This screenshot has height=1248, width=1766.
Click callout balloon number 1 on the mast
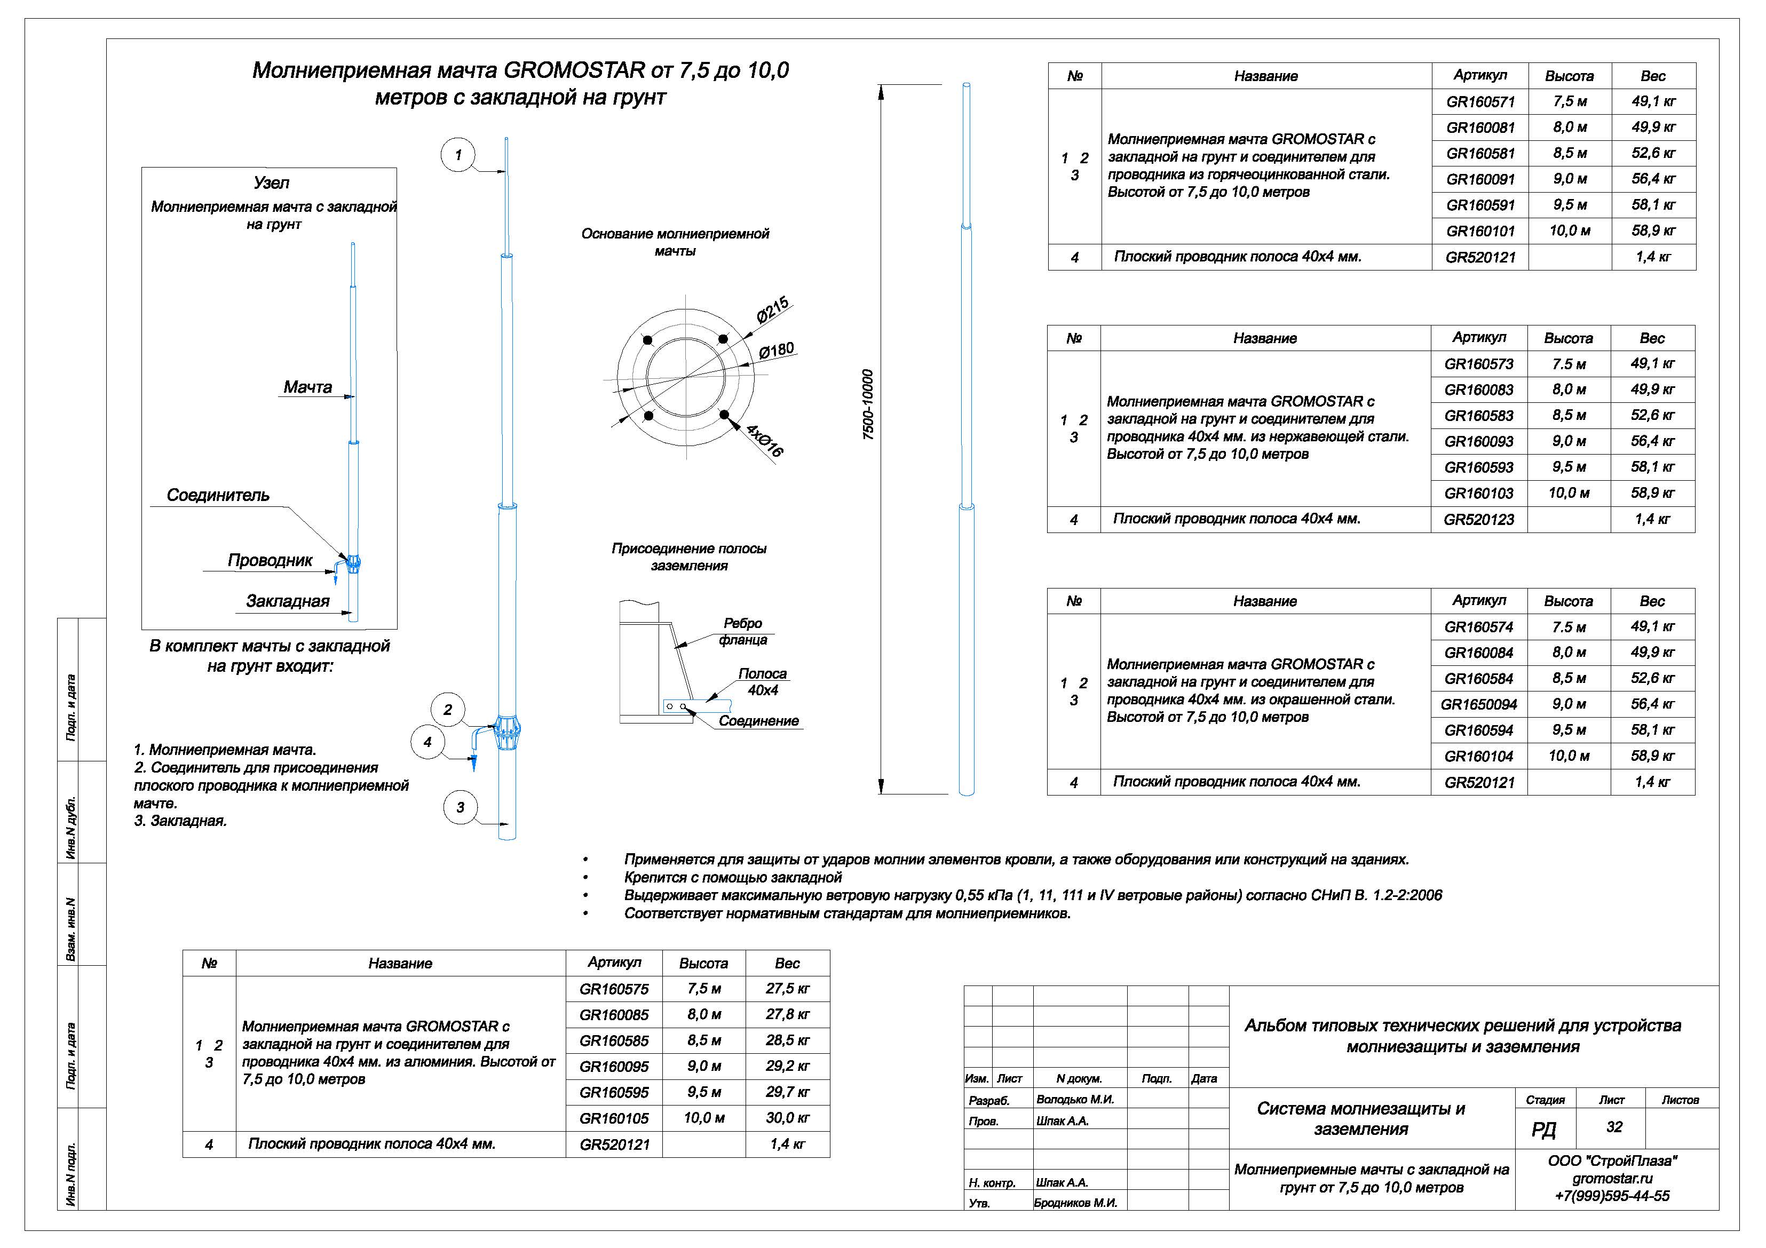click(x=458, y=155)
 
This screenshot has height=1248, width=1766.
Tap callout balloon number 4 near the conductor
click(x=427, y=742)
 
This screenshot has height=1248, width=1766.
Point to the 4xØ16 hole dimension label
click(x=765, y=441)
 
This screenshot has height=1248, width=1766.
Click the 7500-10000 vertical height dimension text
click(x=868, y=404)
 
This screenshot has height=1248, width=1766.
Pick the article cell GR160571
click(x=1480, y=101)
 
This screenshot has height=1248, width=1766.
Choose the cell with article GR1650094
click(x=1478, y=704)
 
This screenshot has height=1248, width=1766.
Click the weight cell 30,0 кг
click(x=787, y=1118)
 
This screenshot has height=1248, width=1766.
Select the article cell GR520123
click(x=1478, y=520)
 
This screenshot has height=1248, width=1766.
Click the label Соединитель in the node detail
click(x=218, y=495)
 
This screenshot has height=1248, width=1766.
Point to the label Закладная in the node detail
click(x=288, y=601)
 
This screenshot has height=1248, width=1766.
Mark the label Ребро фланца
click(x=742, y=631)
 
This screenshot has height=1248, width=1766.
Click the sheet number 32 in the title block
click(x=1614, y=1127)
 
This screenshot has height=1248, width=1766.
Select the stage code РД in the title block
click(x=1543, y=1129)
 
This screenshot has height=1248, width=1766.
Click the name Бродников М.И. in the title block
click(x=1075, y=1203)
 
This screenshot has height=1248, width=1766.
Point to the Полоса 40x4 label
click(x=762, y=682)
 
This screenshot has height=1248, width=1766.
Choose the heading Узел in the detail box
click(x=272, y=183)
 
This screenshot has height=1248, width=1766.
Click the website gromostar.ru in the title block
click(x=1612, y=1178)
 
